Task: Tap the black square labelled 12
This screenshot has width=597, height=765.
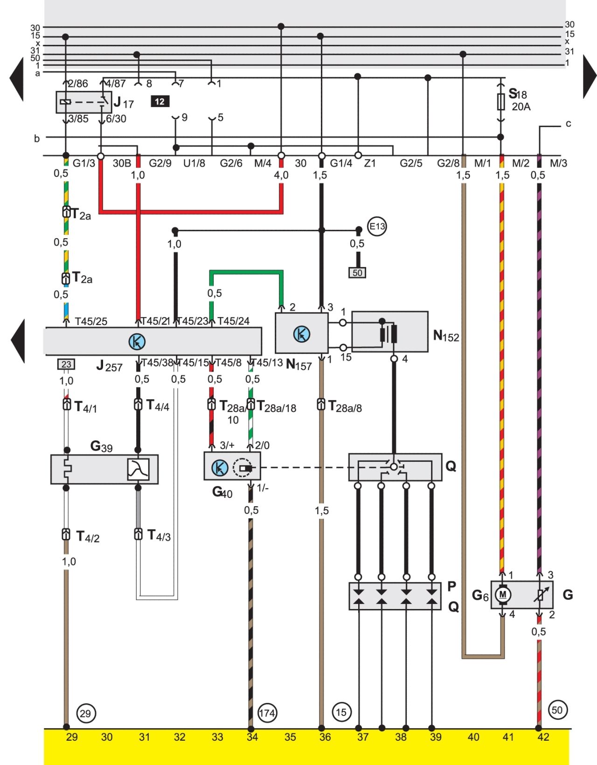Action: pos(160,102)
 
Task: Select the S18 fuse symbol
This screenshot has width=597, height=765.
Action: pos(501,102)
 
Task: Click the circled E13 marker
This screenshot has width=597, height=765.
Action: pos(377,227)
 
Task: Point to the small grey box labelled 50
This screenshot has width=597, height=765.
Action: pos(357,273)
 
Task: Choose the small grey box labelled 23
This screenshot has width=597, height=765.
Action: pos(66,364)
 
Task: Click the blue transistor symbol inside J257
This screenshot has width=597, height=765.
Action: pos(137,341)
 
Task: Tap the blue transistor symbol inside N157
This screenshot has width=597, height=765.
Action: pos(302,334)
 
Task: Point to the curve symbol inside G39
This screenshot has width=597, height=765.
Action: pos(138,469)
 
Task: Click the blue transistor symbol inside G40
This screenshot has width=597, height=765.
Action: pos(220,468)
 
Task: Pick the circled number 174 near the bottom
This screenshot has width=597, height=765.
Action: pos(267,713)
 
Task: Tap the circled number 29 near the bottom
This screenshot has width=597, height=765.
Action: pos(85,713)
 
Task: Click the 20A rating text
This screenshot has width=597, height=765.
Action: pos(521,106)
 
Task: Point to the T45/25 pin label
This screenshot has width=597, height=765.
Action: pos(91,321)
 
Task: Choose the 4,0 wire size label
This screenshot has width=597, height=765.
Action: pos(281,175)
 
